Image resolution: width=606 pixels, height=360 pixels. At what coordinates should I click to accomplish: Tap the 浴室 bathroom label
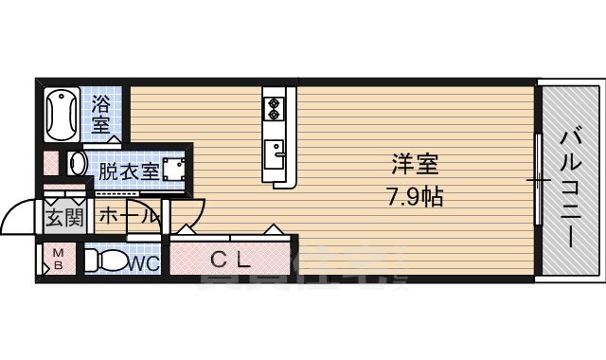pyautogui.click(x=100, y=113)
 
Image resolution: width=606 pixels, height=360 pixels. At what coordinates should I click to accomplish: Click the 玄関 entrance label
pyautogui.click(x=62, y=217)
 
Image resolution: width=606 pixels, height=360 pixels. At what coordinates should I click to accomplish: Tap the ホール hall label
pyautogui.click(x=126, y=216)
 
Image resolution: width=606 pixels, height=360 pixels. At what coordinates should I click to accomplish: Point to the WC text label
pyautogui.click(x=144, y=262)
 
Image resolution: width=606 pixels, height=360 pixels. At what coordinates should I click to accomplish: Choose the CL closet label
pyautogui.click(x=230, y=257)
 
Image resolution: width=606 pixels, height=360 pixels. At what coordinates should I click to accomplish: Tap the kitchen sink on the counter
pyautogui.click(x=276, y=150)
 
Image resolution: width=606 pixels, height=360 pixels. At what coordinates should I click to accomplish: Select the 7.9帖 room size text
pyautogui.click(x=416, y=198)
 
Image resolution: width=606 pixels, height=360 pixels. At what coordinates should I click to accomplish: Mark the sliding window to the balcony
pyautogui.click(x=539, y=180)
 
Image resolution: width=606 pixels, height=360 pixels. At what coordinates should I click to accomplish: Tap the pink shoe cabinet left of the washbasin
pyautogui.click(x=51, y=164)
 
